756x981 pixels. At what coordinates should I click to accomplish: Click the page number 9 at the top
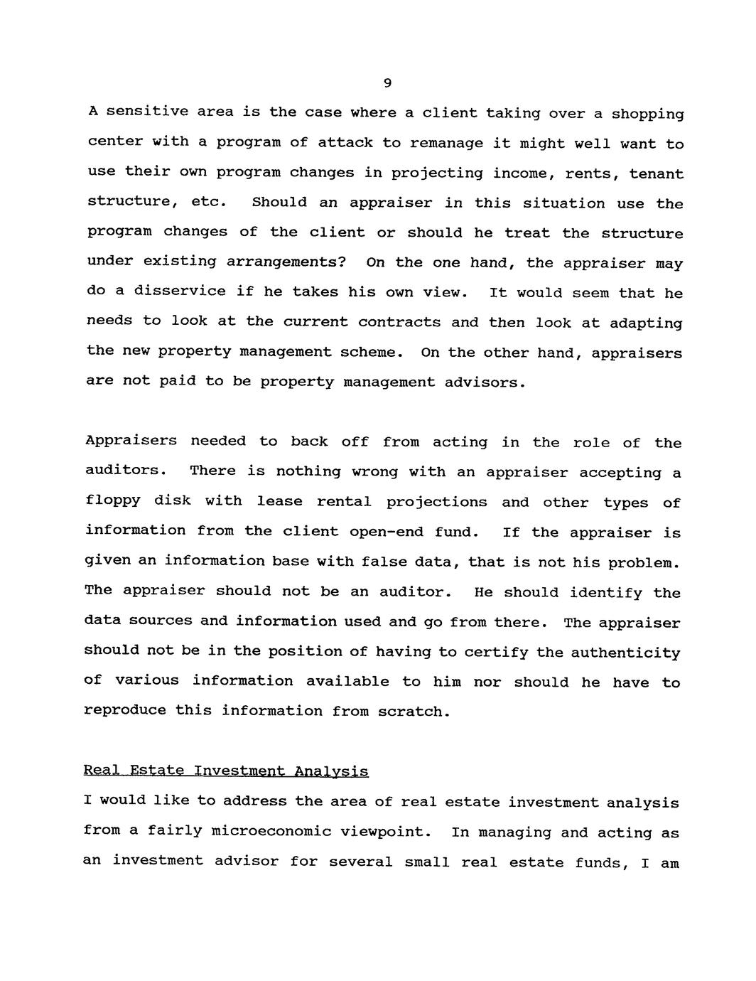(387, 83)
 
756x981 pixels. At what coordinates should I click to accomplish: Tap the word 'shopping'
(647, 114)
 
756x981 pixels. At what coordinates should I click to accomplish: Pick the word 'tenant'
(657, 174)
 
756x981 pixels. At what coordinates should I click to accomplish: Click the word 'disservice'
(180, 291)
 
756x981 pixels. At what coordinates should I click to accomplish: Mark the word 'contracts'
(399, 322)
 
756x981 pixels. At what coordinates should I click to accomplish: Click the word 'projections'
(436, 502)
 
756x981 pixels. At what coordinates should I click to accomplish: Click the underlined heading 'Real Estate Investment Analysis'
(226, 771)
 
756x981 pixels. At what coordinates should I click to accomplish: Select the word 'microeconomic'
(271, 832)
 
